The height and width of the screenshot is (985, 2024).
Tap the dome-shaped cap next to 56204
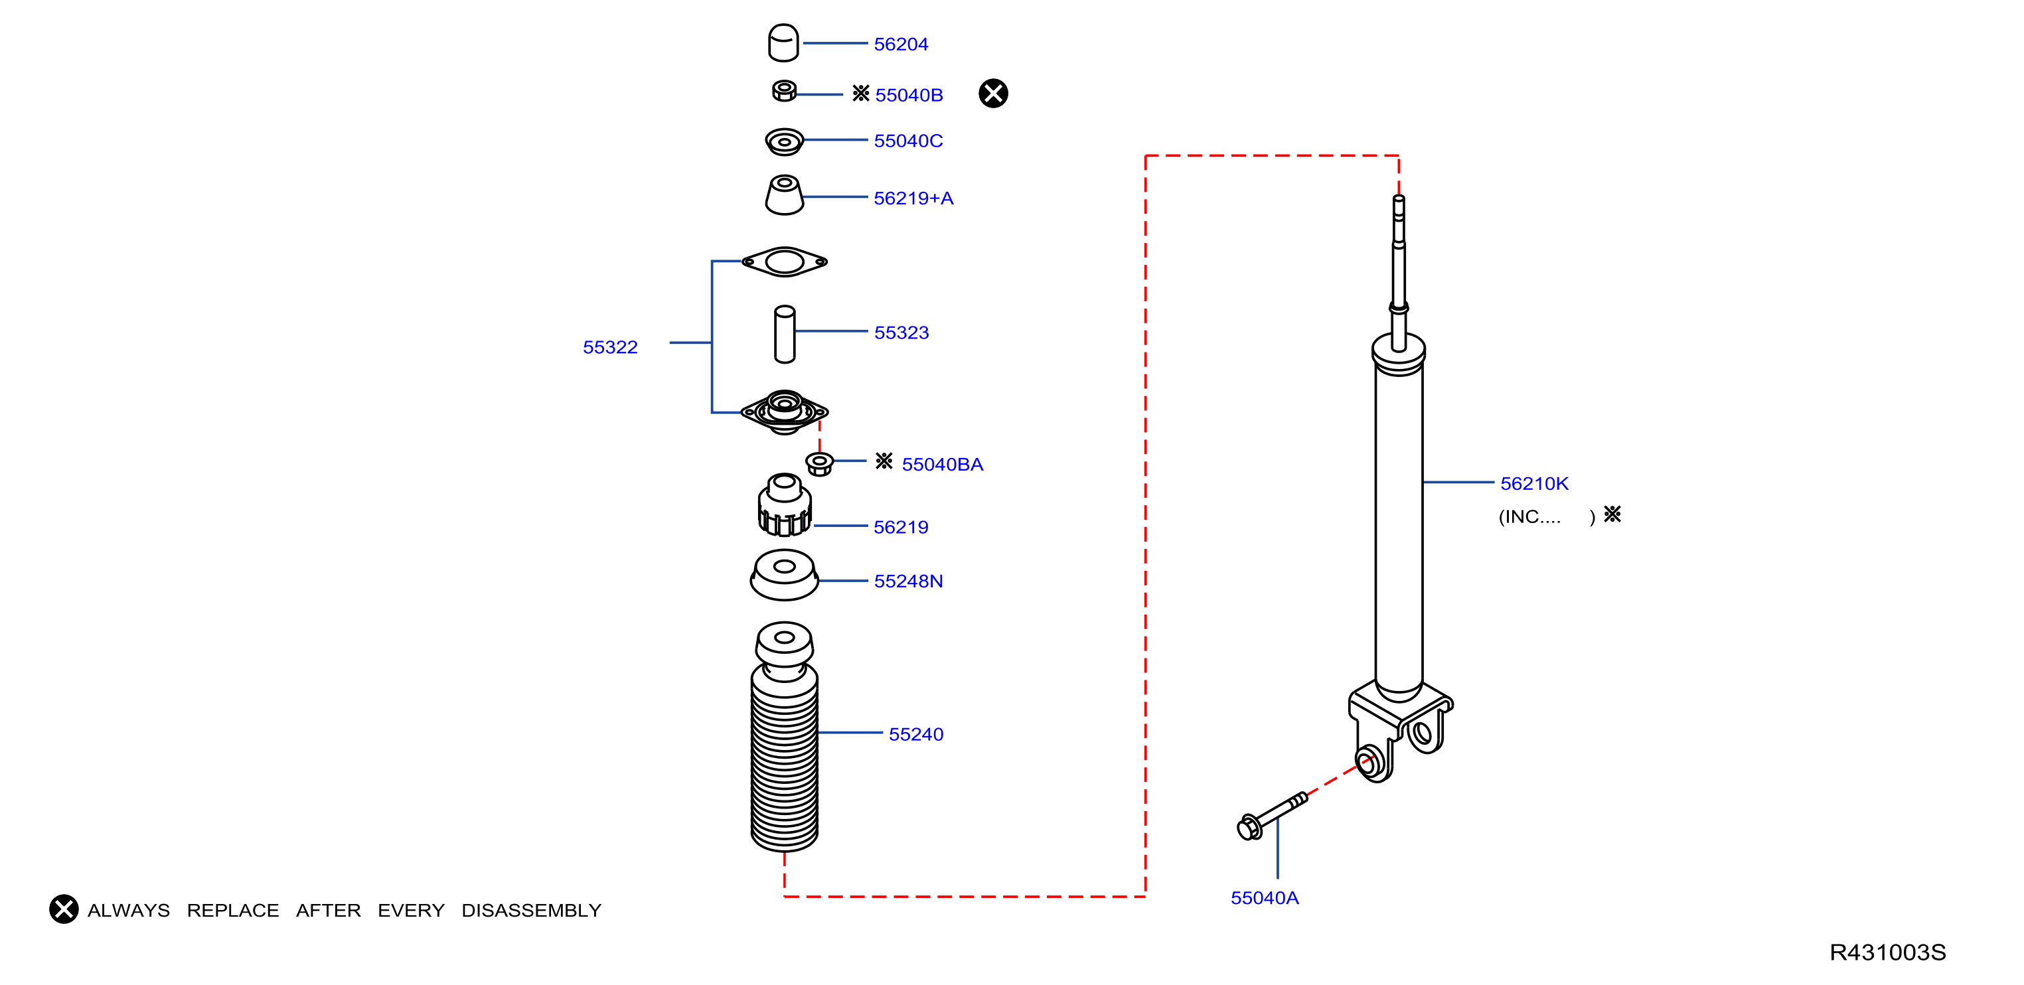click(x=783, y=42)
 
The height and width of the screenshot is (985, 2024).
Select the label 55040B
click(x=908, y=95)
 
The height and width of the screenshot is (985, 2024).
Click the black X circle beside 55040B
click(x=993, y=94)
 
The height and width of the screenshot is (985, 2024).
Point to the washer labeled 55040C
click(x=784, y=142)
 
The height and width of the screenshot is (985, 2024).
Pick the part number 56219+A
click(x=913, y=198)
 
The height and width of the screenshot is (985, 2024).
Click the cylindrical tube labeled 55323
click(x=784, y=335)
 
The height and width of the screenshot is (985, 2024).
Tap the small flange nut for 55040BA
click(x=820, y=463)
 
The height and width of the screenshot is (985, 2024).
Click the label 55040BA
click(x=942, y=464)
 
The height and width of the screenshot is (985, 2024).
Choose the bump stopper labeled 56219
click(x=784, y=506)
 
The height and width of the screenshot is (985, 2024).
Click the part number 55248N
click(x=908, y=581)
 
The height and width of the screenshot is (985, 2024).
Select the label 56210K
click(x=1533, y=484)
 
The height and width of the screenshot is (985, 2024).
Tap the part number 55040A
click(x=1264, y=898)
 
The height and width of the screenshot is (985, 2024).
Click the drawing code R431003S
click(x=1887, y=952)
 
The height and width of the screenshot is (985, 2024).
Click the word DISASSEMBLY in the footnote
click(x=531, y=911)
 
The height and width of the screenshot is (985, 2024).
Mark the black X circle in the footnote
click(x=64, y=909)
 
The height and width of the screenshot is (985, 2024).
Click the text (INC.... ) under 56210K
click(x=1545, y=517)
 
